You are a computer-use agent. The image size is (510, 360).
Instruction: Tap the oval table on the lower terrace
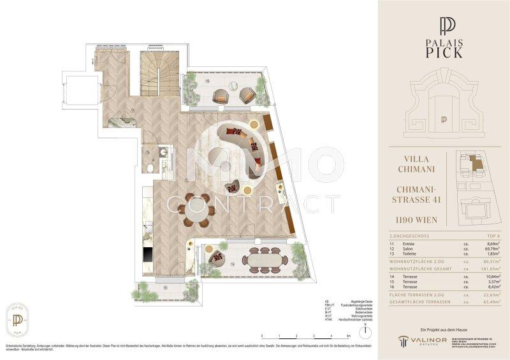tap(263, 259)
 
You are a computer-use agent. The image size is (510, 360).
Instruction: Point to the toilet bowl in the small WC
tap(149, 168)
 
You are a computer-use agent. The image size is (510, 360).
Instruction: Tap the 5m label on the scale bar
tap(347, 335)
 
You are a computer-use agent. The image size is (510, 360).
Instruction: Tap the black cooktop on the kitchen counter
tap(147, 254)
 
